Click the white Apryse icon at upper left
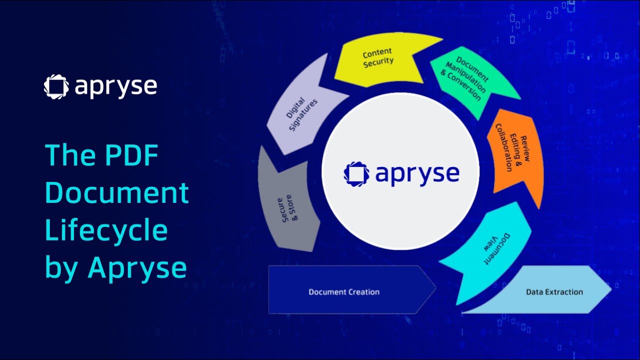56,86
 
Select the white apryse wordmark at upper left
116,86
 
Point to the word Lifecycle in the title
106,230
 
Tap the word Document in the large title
117,192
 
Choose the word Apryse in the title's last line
137,268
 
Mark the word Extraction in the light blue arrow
564,291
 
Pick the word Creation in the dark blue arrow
362,292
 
